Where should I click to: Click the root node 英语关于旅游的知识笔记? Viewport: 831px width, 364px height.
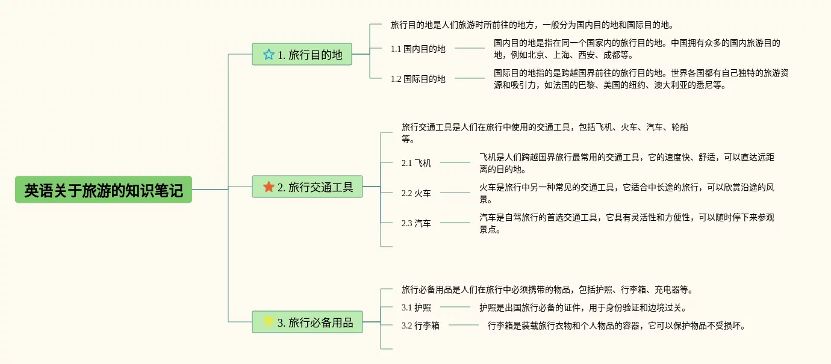pyautogui.click(x=104, y=190)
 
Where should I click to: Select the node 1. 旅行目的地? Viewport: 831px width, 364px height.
pyautogui.click(x=302, y=55)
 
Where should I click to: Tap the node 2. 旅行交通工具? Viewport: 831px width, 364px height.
pyautogui.click(x=307, y=187)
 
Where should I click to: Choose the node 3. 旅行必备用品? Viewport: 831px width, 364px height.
pyautogui.click(x=307, y=322)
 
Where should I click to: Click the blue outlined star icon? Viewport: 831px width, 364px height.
pyautogui.click(x=269, y=55)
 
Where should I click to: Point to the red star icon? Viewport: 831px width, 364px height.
pyautogui.click(x=269, y=187)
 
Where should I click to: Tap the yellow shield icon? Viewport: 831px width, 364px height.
pyautogui.click(x=269, y=322)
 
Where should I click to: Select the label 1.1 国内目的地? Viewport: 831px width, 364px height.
pyautogui.click(x=418, y=49)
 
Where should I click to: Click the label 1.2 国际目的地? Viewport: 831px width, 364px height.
pyautogui.click(x=418, y=79)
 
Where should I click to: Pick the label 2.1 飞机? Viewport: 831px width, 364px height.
pyautogui.click(x=416, y=162)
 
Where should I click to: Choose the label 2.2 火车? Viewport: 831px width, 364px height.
pyautogui.click(x=416, y=193)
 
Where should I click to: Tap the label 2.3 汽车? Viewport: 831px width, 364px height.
pyautogui.click(x=416, y=223)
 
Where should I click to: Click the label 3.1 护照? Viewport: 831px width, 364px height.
pyautogui.click(x=416, y=307)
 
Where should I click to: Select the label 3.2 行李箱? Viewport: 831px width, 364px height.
pyautogui.click(x=420, y=325)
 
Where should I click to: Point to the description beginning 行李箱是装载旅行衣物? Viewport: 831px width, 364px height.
pyautogui.click(x=617, y=325)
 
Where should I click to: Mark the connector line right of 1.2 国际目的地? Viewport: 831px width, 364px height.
pyautogui.click(x=469, y=78)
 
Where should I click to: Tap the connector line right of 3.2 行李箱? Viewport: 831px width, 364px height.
pyautogui.click(x=463, y=325)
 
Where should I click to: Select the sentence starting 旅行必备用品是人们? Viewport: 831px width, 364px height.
pyautogui.click(x=547, y=289)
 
